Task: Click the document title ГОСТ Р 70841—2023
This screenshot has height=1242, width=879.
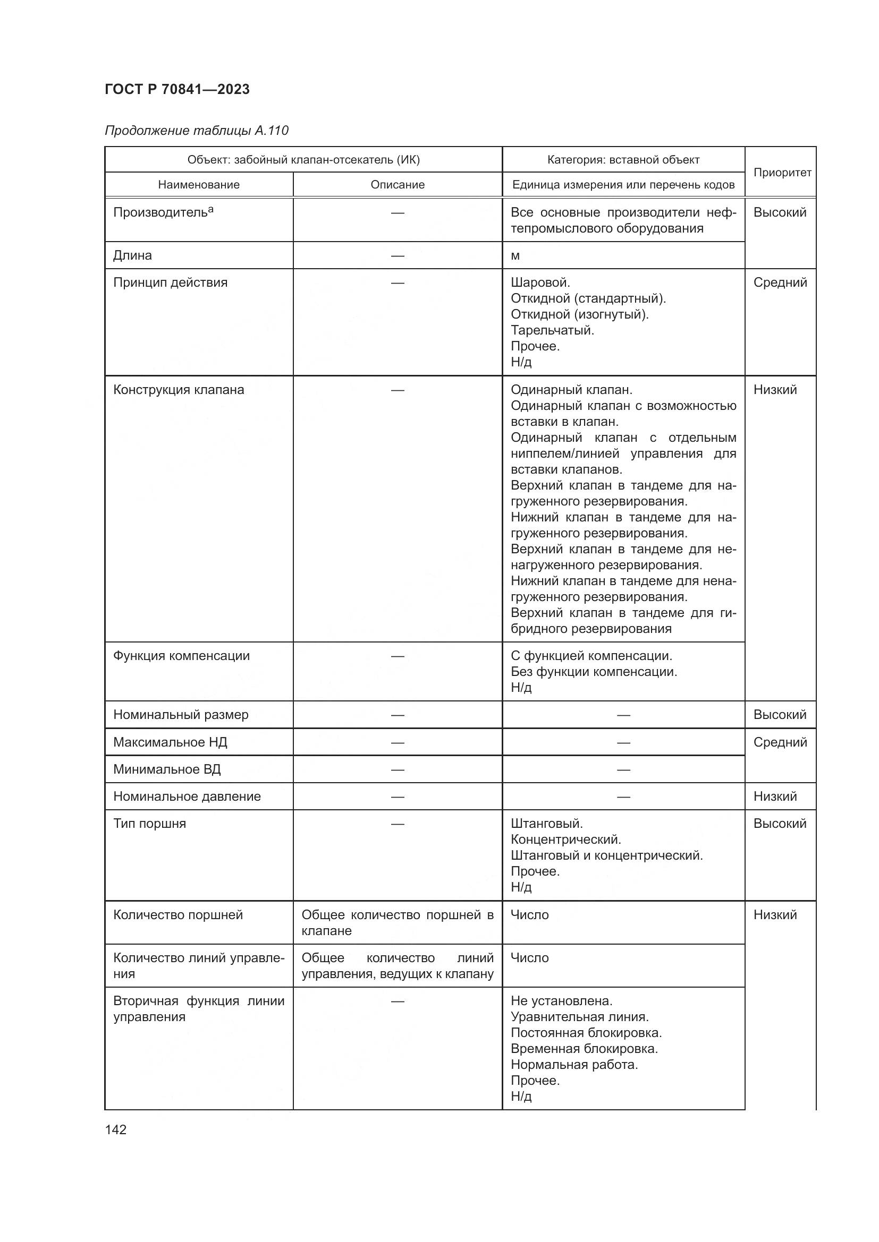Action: [177, 90]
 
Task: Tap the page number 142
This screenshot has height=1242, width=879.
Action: [116, 1129]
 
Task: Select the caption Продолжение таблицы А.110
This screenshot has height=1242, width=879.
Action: [197, 131]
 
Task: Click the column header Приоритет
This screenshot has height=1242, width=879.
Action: [782, 173]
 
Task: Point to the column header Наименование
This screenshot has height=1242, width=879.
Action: [199, 185]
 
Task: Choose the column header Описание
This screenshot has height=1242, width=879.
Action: [398, 185]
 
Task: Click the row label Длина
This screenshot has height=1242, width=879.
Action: [133, 255]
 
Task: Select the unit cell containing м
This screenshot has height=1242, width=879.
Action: [515, 256]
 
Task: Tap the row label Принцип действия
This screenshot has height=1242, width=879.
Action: [171, 282]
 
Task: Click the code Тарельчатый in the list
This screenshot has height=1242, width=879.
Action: [552, 330]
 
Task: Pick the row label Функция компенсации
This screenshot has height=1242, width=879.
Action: [181, 656]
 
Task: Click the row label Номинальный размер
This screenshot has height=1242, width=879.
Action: [181, 715]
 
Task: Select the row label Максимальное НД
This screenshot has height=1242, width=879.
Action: [170, 742]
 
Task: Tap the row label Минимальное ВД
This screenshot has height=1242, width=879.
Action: [167, 769]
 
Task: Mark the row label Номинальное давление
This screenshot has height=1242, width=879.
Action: [187, 796]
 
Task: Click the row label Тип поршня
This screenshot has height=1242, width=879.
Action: [149, 824]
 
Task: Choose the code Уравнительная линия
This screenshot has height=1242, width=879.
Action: [580, 1016]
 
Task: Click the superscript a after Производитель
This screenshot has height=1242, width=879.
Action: [210, 209]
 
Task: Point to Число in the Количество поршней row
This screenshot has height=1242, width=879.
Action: [529, 915]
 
